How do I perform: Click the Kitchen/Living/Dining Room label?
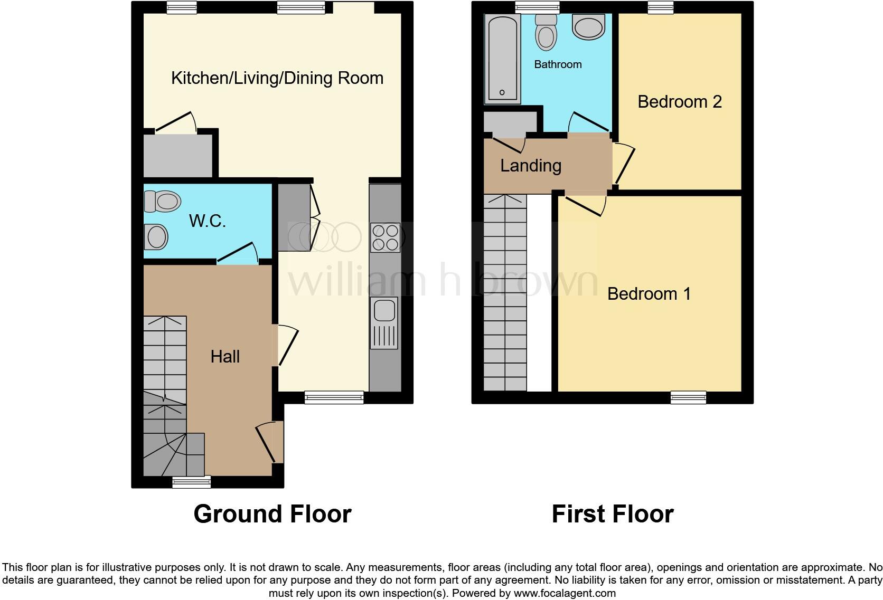277,78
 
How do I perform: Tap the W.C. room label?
208,221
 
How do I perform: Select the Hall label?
225,357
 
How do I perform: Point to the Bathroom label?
558,64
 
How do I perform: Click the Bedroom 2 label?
679,101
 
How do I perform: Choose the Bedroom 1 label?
649,293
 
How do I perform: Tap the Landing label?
531,166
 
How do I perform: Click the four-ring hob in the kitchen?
385,237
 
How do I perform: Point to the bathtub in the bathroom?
502,58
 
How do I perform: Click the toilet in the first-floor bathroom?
546,32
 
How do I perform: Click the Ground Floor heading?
272,513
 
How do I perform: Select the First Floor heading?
612,513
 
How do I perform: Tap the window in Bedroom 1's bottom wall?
688,397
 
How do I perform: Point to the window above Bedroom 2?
661,7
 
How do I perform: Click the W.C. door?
237,253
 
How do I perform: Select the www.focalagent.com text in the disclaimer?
565,593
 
